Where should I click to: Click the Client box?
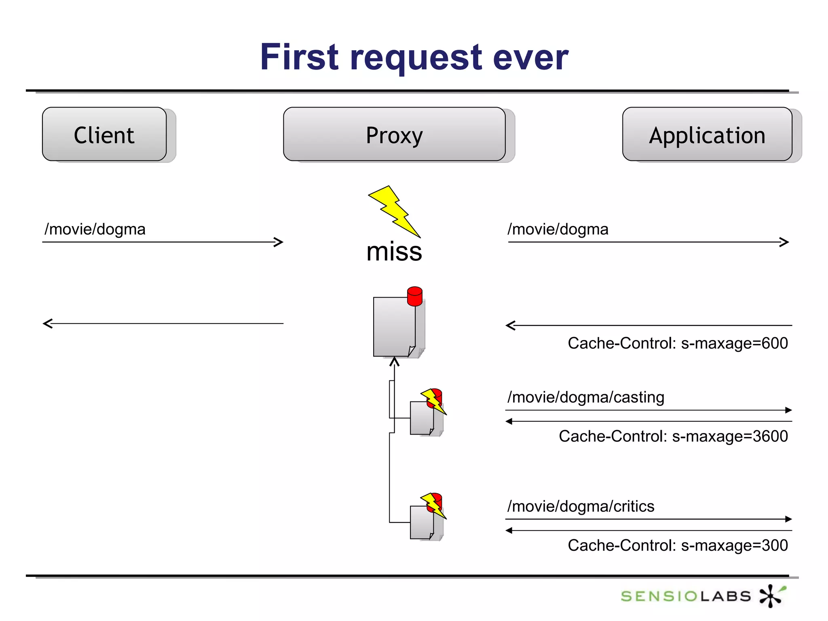(x=104, y=134)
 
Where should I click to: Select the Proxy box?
(x=394, y=134)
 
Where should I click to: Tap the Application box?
(x=707, y=134)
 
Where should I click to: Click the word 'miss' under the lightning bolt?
(x=394, y=251)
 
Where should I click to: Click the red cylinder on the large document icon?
(x=415, y=296)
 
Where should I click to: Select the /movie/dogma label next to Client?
(x=95, y=229)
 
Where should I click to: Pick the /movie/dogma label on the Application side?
(x=558, y=229)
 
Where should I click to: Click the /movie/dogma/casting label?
(x=586, y=397)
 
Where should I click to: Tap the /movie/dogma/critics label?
(x=581, y=506)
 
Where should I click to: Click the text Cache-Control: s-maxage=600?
(x=678, y=343)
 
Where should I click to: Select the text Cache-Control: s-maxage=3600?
(x=673, y=436)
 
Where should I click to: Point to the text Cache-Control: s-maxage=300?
(x=678, y=545)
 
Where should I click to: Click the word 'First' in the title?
(x=299, y=57)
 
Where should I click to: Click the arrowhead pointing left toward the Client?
(x=47, y=323)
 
